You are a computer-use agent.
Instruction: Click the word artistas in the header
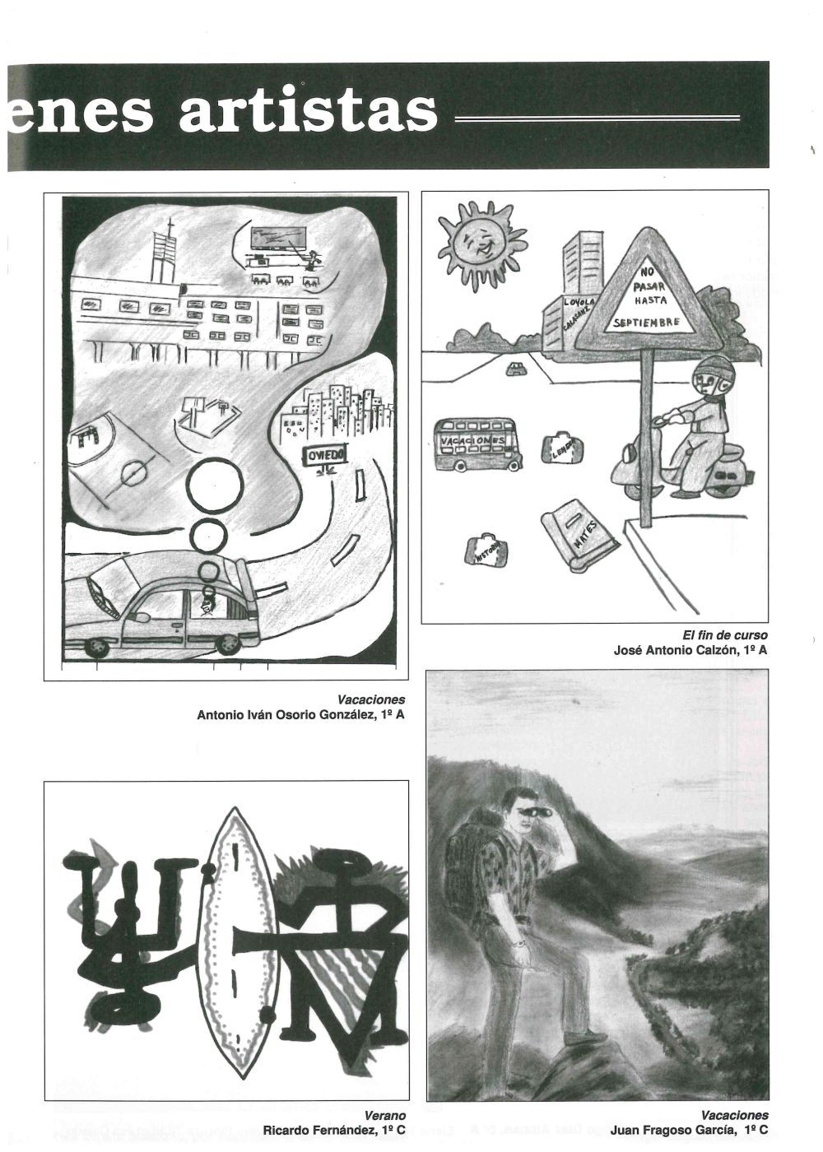coord(308,113)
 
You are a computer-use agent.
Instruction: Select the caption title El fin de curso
coord(724,635)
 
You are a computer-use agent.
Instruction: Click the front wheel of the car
coord(97,648)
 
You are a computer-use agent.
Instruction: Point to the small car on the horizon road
coord(516,369)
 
